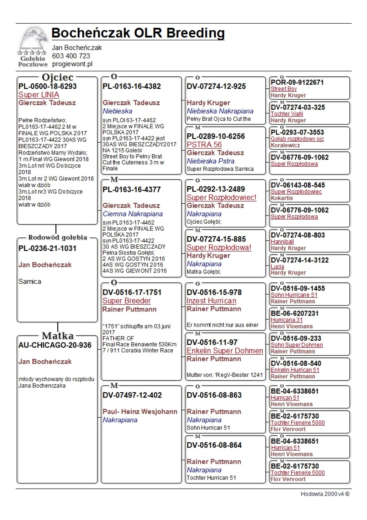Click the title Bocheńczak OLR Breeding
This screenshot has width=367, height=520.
(138, 33)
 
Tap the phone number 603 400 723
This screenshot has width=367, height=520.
(71, 56)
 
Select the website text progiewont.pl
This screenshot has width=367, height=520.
(72, 64)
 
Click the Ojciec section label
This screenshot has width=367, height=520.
(58, 77)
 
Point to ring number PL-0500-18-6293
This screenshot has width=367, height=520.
(47, 86)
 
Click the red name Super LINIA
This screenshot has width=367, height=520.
(39, 95)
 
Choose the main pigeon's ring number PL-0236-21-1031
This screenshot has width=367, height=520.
(47, 248)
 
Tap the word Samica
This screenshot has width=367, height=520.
(30, 282)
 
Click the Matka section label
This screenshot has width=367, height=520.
(58, 336)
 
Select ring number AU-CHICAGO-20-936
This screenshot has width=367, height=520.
(55, 345)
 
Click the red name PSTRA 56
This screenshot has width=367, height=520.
(204, 145)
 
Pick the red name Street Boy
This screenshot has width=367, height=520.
(283, 89)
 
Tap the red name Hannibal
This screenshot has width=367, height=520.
(282, 242)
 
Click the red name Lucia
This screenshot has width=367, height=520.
(277, 266)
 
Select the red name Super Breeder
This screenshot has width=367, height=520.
(126, 301)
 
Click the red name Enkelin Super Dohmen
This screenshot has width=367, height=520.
(225, 351)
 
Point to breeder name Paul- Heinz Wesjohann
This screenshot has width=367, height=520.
(140, 412)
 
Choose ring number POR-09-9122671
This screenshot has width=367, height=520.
(297, 82)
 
